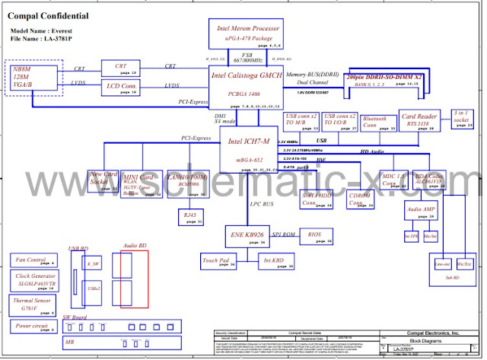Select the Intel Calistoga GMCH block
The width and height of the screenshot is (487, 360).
244,86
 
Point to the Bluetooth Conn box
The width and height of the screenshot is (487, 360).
377,123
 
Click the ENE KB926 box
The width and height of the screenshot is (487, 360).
246,235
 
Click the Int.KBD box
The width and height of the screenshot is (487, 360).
273,262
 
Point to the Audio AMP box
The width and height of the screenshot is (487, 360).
420,211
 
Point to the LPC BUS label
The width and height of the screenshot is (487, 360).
262,204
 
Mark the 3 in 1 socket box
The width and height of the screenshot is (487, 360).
460,120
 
